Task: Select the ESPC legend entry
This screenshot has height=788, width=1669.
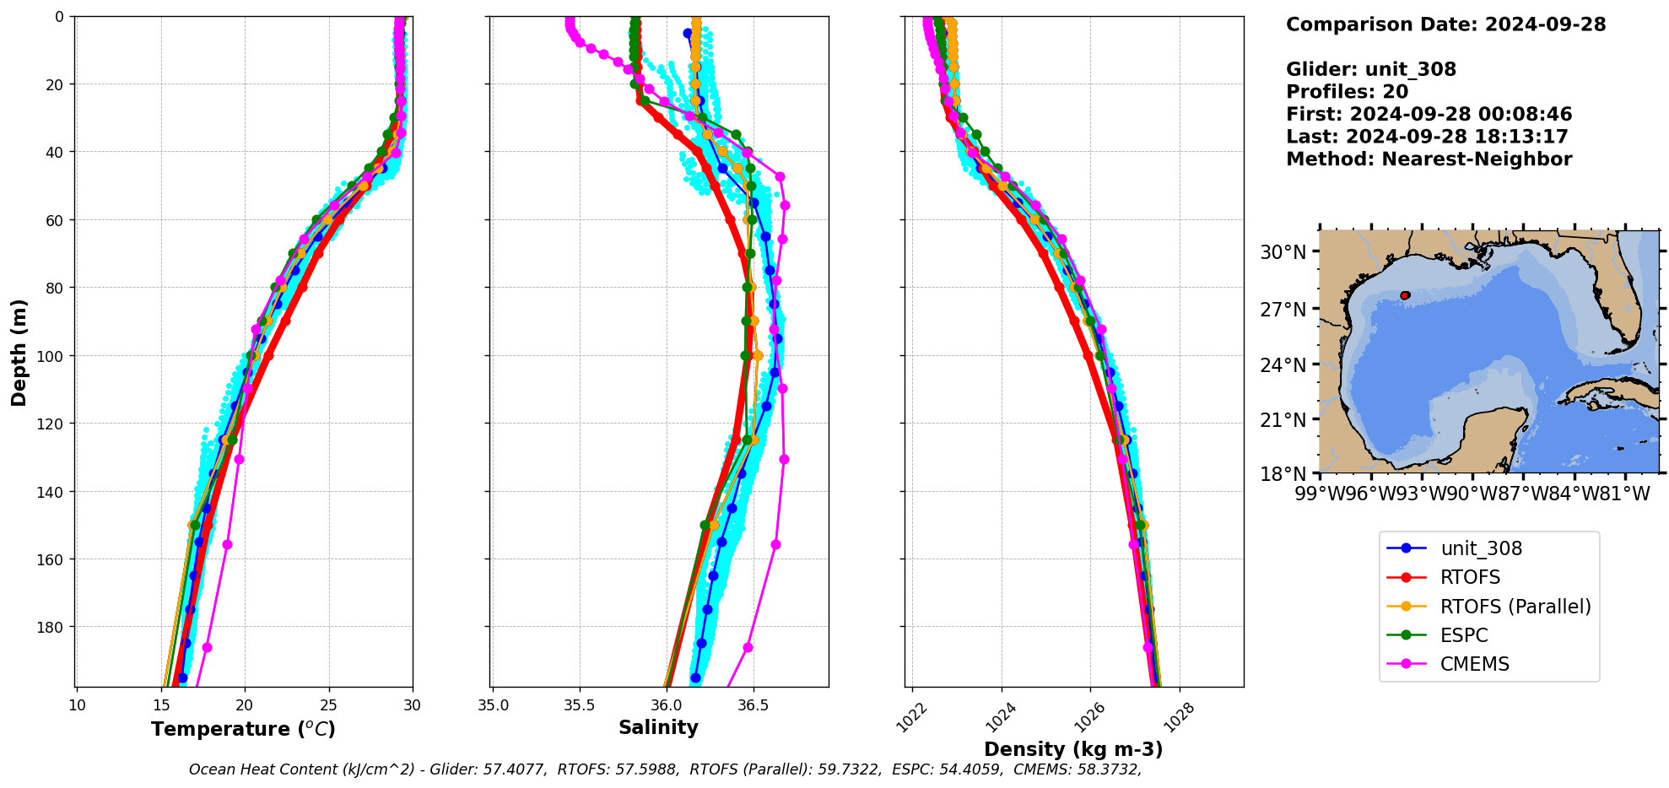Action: [x=1464, y=635]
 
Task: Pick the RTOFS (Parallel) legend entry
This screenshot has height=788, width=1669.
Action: [x=1515, y=607]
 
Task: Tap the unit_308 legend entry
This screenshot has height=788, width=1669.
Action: [x=1481, y=548]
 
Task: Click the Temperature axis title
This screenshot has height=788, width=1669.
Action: [x=243, y=729]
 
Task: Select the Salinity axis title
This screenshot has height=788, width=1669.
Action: [x=658, y=727]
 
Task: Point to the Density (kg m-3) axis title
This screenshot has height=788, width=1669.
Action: [x=1073, y=749]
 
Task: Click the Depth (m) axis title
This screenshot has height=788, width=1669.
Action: [x=19, y=352]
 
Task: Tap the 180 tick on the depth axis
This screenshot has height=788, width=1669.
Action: [x=51, y=627]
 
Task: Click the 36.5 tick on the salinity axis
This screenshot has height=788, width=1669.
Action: [x=753, y=705]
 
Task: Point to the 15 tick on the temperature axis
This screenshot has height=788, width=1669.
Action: [x=161, y=705]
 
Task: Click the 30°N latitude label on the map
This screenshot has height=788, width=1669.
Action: [x=1283, y=252]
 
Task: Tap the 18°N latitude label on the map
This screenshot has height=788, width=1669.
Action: [x=1283, y=474]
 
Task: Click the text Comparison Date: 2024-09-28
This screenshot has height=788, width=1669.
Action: [x=1445, y=24]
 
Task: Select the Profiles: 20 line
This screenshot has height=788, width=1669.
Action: [x=1347, y=92]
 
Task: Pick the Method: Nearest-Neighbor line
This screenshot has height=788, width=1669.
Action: [x=1429, y=159]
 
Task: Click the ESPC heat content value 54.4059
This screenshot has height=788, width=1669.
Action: [x=974, y=769]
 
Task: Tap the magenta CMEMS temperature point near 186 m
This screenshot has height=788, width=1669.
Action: [x=207, y=647]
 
